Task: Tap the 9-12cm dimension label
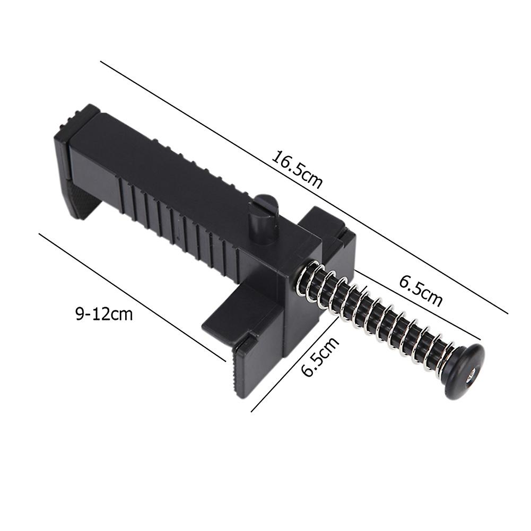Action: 103,314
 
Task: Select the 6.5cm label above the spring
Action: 420,290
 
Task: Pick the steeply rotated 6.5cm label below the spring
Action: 320,356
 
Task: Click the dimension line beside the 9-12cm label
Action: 133,297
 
